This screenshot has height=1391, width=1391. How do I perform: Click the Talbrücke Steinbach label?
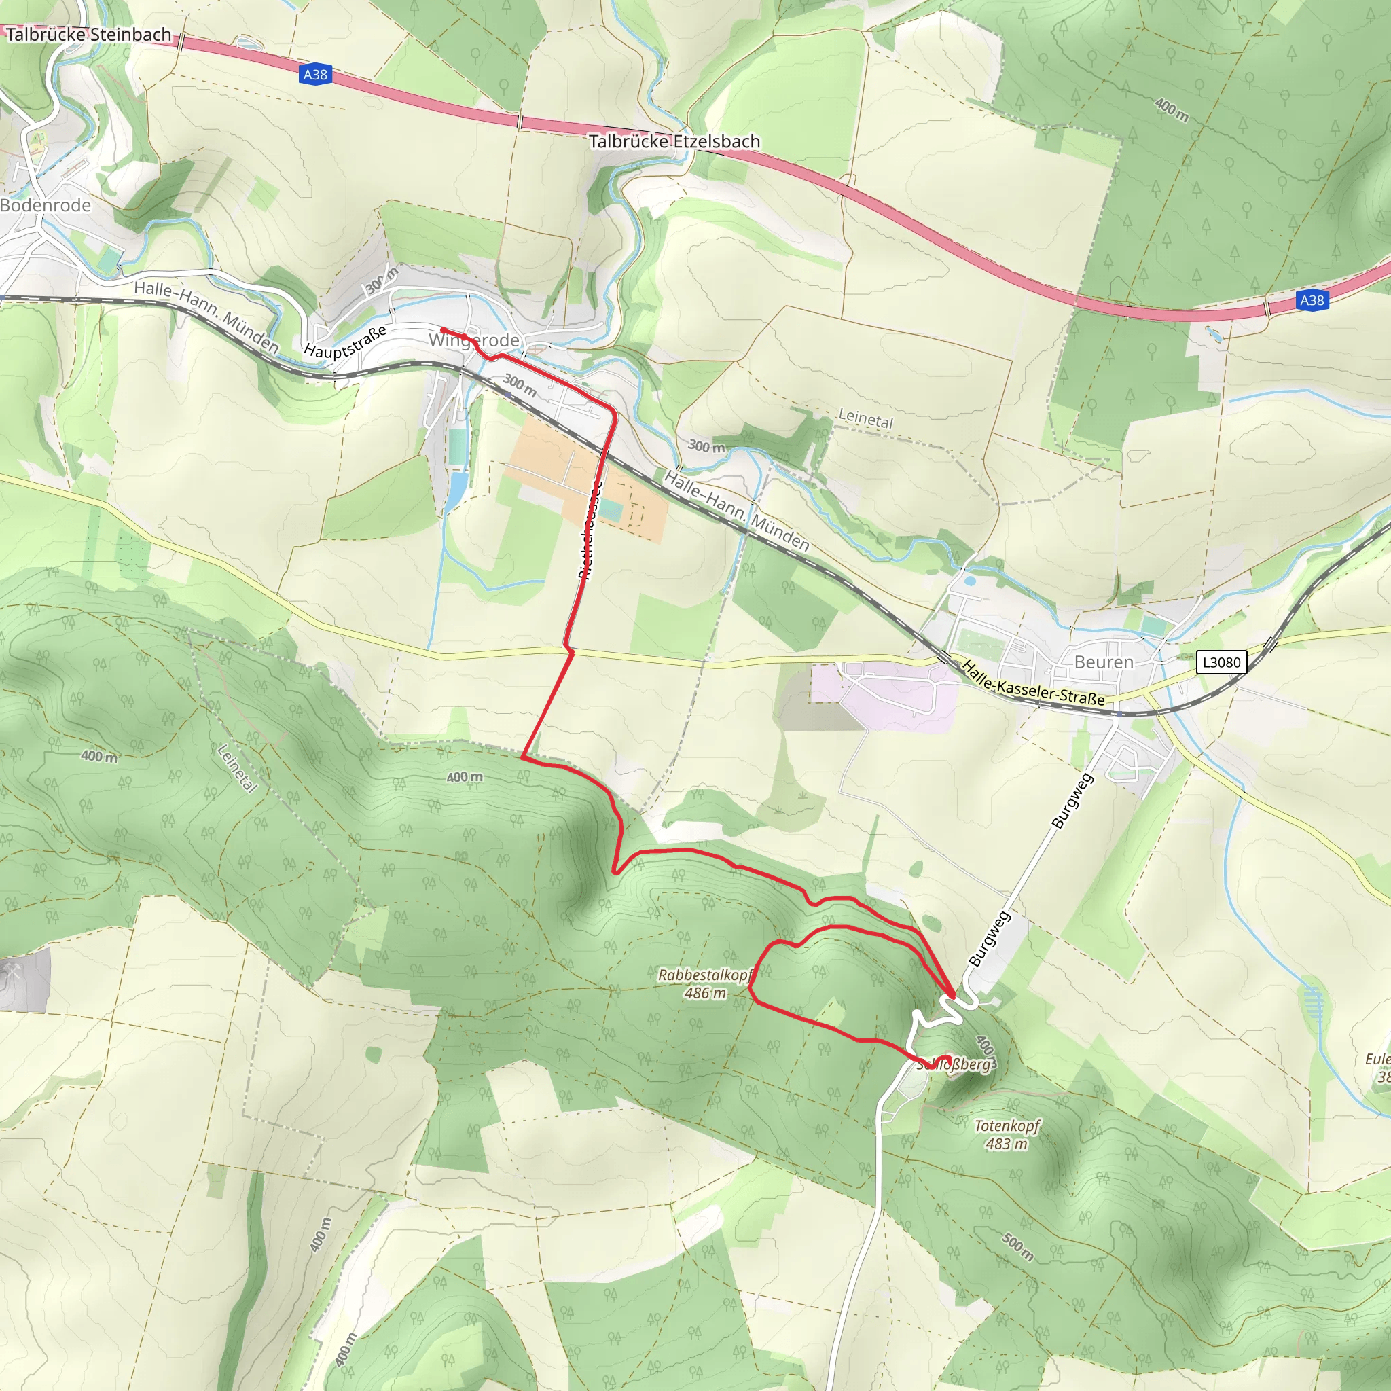88,35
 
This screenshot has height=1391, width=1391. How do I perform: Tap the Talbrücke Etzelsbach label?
674,141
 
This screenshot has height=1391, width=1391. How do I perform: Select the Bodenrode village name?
46,205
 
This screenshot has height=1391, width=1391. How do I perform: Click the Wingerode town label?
474,340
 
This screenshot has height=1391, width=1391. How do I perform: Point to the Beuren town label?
1103,662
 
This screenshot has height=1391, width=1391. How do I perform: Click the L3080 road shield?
1221,662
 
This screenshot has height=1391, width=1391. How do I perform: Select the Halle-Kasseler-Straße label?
1032,683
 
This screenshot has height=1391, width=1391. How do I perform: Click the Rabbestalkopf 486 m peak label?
705,983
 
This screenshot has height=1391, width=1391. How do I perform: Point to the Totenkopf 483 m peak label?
1007,1134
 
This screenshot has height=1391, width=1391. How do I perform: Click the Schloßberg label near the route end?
955,1064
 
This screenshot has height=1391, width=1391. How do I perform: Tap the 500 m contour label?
1018,1246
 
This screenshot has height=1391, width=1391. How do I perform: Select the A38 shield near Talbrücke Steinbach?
314,74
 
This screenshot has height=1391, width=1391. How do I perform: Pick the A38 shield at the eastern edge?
1312,300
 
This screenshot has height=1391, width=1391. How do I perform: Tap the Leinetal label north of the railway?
865,418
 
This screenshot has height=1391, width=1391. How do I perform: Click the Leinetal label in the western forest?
237,768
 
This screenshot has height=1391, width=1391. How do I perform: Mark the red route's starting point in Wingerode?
443,331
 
